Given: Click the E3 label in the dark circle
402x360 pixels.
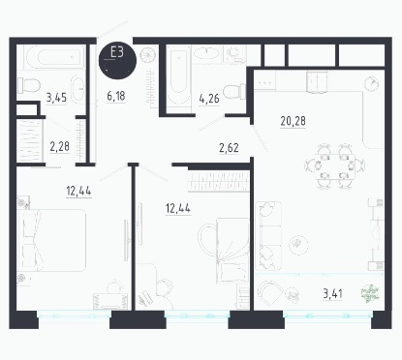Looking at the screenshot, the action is (x=117, y=52).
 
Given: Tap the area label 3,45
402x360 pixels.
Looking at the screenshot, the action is (x=56, y=97).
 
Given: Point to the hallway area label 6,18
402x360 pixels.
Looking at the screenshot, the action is (x=116, y=96).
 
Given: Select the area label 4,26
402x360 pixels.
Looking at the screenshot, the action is (x=209, y=99).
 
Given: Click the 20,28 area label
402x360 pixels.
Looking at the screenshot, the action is (x=294, y=121).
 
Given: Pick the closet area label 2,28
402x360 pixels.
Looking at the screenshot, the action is (x=60, y=146).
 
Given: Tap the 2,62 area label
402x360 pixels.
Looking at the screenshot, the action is (x=229, y=148).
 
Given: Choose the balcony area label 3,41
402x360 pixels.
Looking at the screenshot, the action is (x=333, y=294).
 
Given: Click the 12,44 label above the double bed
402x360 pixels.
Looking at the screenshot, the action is (x=78, y=191).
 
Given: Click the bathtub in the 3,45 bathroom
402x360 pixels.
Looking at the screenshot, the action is (x=54, y=57).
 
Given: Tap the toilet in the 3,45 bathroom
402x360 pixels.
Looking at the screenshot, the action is (x=29, y=85).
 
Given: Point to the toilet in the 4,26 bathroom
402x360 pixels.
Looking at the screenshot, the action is (x=234, y=91).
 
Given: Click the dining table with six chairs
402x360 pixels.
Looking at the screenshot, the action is (x=334, y=165).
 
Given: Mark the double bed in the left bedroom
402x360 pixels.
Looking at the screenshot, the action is (x=52, y=240).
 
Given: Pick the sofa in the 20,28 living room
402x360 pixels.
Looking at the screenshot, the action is (x=268, y=236).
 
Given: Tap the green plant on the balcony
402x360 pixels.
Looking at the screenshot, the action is (x=370, y=294).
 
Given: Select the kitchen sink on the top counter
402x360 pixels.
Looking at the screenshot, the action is (x=318, y=82).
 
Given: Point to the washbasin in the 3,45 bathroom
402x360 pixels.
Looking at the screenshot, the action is (x=77, y=89).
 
